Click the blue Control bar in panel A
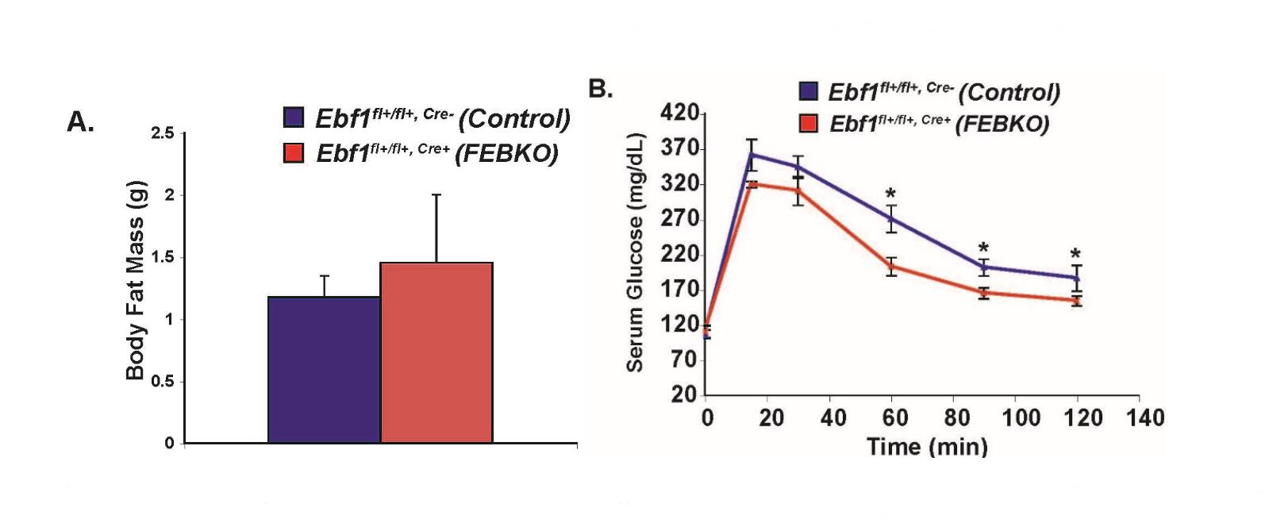click(324, 370)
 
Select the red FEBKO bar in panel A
click(436, 353)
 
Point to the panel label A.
click(81, 122)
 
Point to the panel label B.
click(601, 88)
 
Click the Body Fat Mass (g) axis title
click(136, 280)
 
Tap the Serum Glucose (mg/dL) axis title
click(635, 252)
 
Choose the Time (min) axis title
click(927, 447)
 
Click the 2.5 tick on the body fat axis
click(162, 133)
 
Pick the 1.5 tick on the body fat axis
click(162, 257)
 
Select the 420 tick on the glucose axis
click(679, 113)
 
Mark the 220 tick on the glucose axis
click(679, 255)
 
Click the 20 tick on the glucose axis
click(684, 394)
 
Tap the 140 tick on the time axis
click(1146, 417)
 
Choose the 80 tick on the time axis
click(958, 417)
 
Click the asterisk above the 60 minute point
click(891, 194)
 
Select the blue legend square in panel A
click(294, 117)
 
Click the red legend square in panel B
click(808, 123)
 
